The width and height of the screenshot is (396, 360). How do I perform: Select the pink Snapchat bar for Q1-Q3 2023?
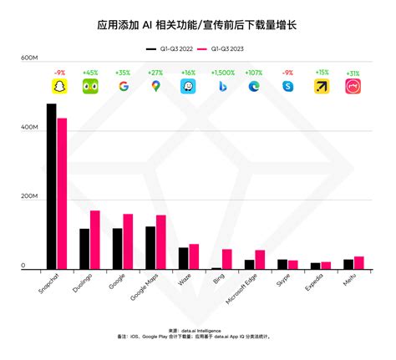(62, 194)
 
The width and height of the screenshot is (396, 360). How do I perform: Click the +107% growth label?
(255, 73)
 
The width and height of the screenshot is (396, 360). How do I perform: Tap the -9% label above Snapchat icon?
(58, 73)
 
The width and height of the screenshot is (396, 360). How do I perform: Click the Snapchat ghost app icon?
(58, 86)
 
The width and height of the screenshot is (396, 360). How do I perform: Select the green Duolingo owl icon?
(90, 86)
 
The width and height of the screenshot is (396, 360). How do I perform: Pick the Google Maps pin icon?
(155, 86)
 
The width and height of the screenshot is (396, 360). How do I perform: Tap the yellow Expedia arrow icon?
(321, 86)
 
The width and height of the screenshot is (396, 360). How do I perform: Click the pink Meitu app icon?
(353, 86)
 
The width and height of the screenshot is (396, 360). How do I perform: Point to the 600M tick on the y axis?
(30, 58)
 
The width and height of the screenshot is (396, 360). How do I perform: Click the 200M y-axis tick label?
(30, 198)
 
